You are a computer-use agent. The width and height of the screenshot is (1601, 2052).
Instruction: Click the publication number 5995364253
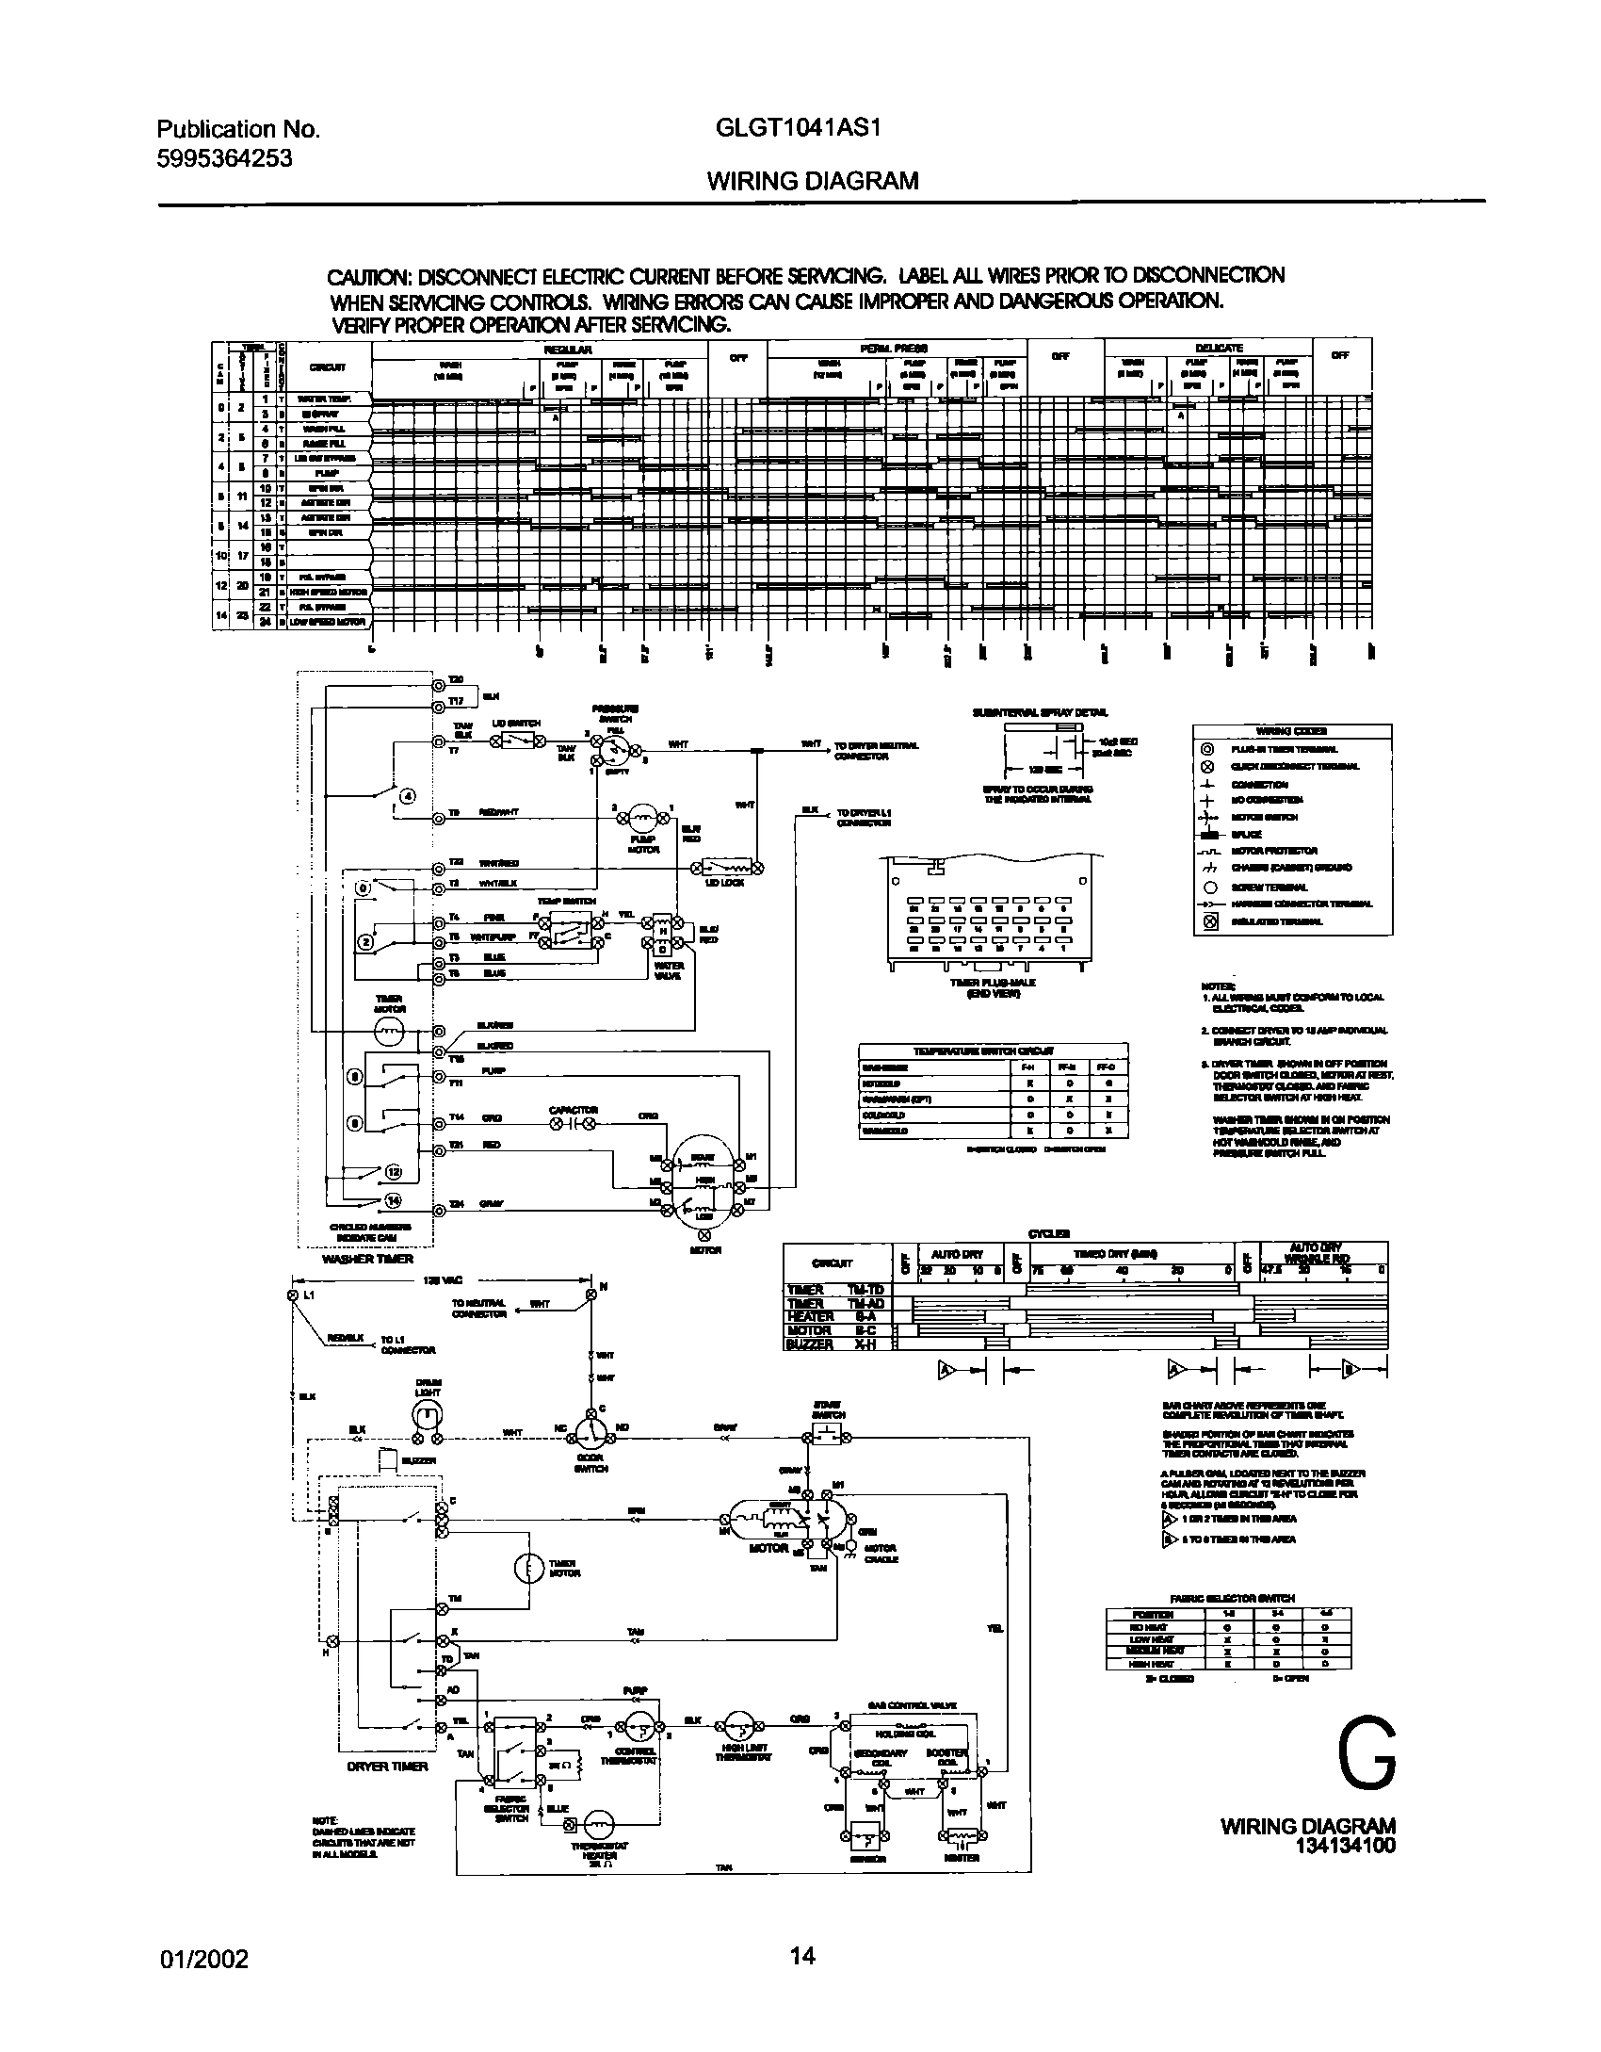point(224,158)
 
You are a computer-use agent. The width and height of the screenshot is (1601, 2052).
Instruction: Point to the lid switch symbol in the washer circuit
point(517,741)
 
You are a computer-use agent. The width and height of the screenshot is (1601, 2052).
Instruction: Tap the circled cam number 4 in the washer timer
point(407,797)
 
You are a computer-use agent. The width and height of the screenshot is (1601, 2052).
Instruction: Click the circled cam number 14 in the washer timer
point(394,1199)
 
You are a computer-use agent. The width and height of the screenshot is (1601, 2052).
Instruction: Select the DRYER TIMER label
point(388,1766)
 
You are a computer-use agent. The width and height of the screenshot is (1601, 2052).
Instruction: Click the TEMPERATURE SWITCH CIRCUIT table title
point(993,1050)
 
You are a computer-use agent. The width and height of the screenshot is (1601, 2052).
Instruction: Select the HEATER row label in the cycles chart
point(811,1316)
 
